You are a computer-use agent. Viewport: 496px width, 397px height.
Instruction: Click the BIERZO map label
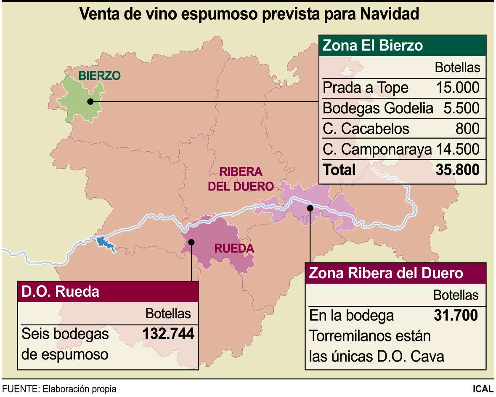100,76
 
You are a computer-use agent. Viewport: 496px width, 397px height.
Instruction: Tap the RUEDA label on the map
234,249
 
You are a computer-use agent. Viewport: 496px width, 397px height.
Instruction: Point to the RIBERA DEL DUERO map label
241,179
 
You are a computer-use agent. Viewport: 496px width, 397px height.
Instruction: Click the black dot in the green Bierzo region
90,101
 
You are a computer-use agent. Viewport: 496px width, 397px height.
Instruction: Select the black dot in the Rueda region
191,242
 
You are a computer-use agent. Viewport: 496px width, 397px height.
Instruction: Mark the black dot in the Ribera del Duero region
310,207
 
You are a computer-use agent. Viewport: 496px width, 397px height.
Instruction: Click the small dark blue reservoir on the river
105,244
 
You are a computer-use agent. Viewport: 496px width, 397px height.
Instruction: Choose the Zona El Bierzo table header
372,45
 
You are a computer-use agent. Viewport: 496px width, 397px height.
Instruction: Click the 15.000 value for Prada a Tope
458,88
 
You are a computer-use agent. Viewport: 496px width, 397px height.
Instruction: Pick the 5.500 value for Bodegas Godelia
462,108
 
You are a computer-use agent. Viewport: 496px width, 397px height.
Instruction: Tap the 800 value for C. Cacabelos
467,129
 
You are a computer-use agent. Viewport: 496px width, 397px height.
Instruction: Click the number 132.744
168,334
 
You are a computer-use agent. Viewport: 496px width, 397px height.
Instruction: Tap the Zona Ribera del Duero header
386,273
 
